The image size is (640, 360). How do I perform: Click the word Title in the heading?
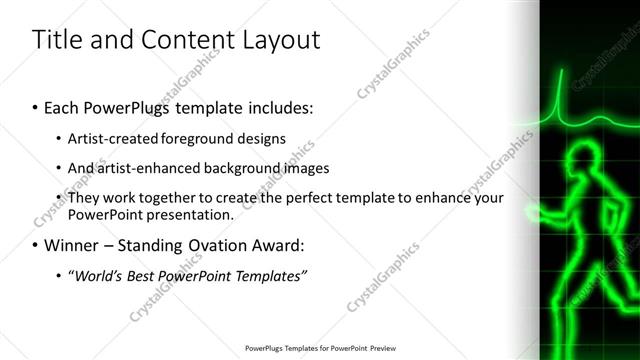58,41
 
